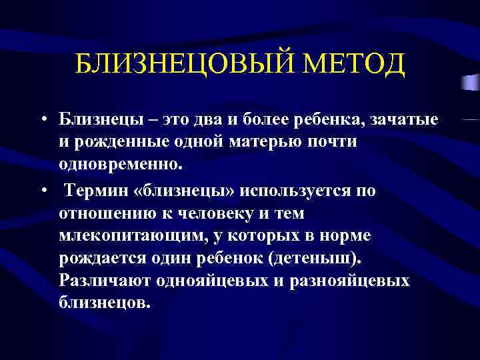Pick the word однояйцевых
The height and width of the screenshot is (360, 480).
(x=213, y=281)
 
